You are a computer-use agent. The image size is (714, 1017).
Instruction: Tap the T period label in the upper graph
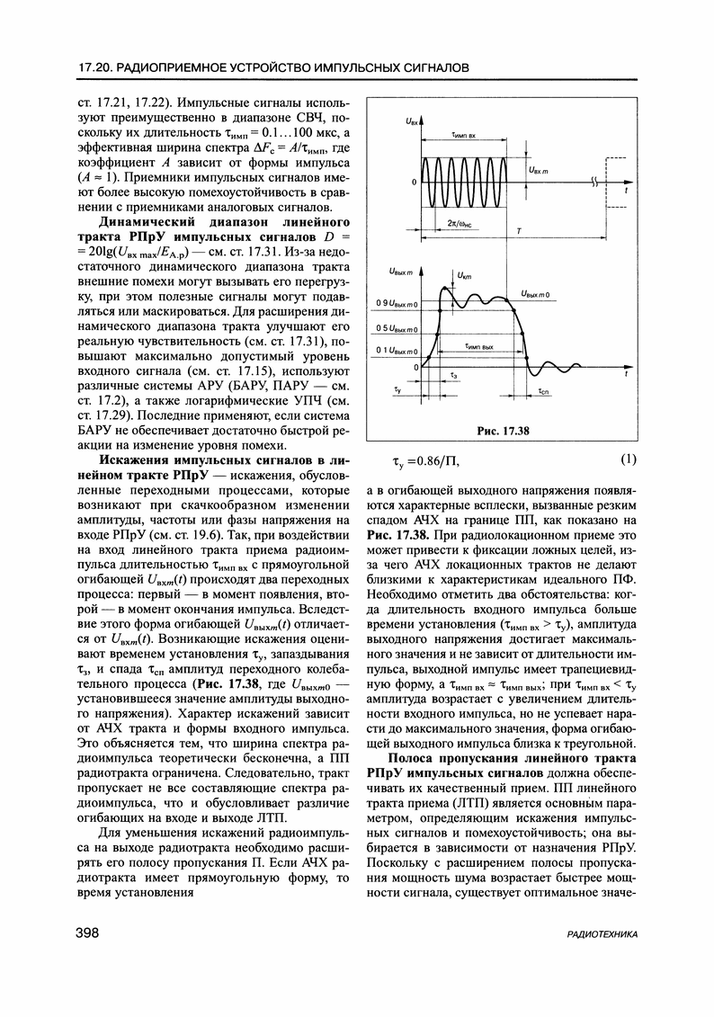tap(520, 232)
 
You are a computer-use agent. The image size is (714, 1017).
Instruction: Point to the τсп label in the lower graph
tap(545, 393)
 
